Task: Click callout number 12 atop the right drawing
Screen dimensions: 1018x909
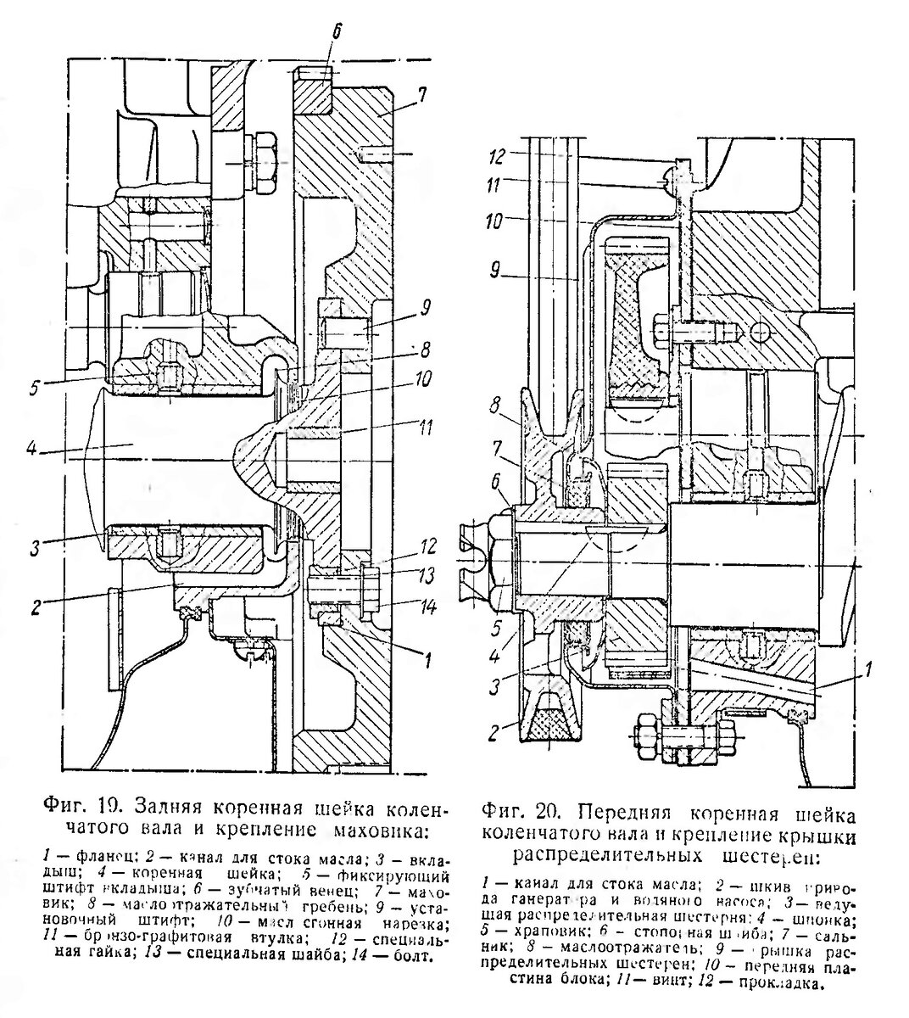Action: pos(499,158)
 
